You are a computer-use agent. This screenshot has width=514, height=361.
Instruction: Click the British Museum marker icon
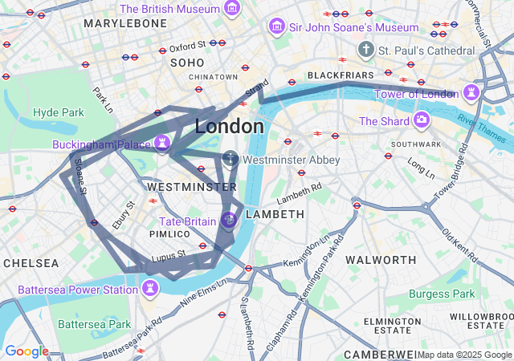coord(232,9)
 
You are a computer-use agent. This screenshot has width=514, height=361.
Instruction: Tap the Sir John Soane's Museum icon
coord(277,27)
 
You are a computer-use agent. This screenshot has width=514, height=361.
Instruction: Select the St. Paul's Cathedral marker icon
coord(366,50)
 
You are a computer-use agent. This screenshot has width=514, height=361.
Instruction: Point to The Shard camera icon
coord(422,121)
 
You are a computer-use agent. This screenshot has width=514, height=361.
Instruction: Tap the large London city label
coord(229,127)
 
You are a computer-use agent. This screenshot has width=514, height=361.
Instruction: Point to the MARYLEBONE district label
coord(125,24)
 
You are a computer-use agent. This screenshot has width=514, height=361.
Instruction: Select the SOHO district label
coord(187,62)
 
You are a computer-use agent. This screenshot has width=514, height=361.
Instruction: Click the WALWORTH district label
coord(381,260)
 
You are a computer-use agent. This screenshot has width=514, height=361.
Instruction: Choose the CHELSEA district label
coord(31,263)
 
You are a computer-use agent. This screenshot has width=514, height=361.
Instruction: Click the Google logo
coord(27,351)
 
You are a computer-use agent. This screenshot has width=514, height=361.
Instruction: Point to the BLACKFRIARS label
coord(341,75)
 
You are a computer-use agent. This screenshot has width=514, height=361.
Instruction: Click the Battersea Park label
coord(94,324)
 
